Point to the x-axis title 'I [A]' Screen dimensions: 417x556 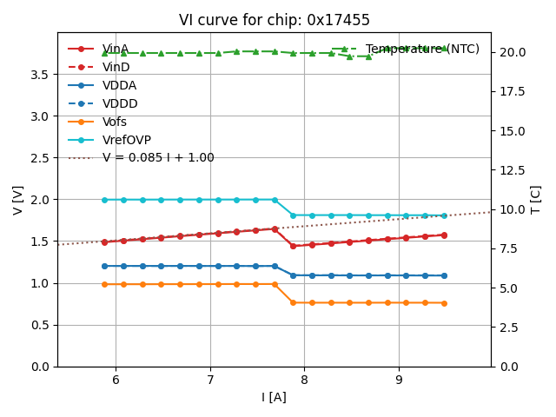tap(274, 398)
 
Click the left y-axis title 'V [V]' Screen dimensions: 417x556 tap(18, 200)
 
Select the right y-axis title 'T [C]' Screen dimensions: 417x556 tap(535, 200)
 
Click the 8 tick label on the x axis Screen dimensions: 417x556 tap(304, 380)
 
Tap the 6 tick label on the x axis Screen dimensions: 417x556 tap(116, 380)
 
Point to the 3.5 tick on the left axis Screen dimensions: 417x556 tap(40, 75)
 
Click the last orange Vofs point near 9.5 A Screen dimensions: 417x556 tap(444, 303)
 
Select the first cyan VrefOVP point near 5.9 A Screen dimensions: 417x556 tap(104, 200)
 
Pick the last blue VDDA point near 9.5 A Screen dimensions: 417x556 tap(444, 275)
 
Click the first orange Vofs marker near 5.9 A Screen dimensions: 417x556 tap(104, 284)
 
